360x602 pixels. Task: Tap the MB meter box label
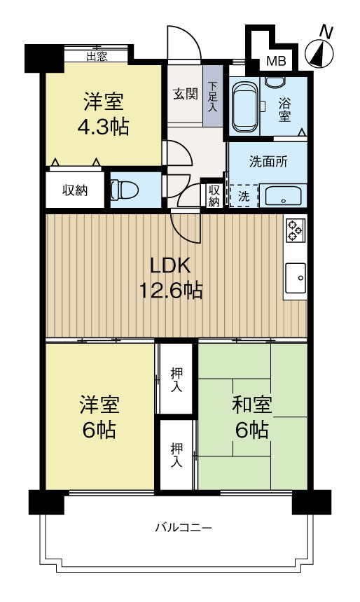(275, 62)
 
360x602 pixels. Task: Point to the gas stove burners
(295, 230)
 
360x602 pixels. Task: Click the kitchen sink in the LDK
(296, 278)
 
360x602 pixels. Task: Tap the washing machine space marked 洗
(242, 197)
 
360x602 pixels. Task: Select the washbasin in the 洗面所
(284, 196)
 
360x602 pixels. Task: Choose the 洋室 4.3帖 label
(104, 114)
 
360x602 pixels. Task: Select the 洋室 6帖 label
(98, 416)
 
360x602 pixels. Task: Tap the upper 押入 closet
(176, 378)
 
